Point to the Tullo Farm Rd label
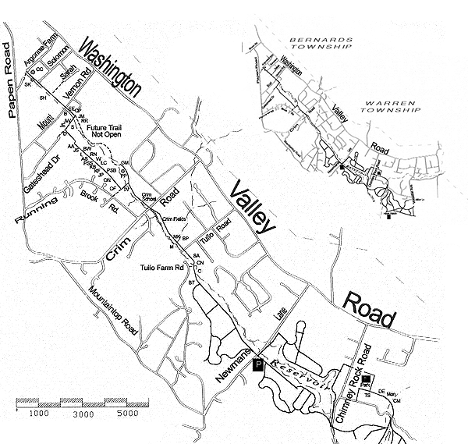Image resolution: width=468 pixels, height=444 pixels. (161, 267)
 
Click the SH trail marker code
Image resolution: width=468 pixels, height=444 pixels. (43, 98)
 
